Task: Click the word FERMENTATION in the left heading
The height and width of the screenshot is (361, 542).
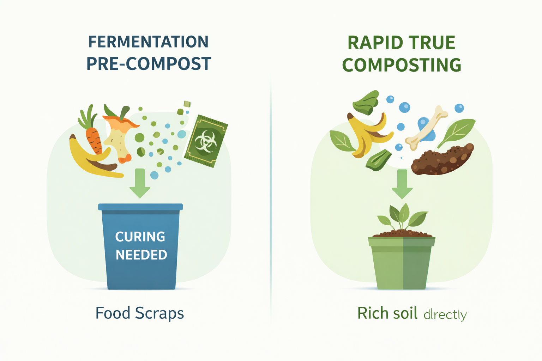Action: (x=148, y=42)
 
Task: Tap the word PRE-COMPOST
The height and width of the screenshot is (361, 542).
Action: (x=149, y=64)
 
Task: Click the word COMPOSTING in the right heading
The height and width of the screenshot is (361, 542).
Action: (x=402, y=65)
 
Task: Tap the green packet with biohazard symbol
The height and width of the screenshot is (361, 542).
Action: (x=206, y=141)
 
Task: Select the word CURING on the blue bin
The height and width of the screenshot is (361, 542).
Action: (x=140, y=237)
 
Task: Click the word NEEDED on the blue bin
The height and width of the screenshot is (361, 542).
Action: (x=141, y=255)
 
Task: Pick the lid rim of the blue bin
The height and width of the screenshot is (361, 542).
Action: (x=140, y=207)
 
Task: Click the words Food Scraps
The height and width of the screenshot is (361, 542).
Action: (x=140, y=313)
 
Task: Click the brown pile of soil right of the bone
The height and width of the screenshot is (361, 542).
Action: (x=442, y=160)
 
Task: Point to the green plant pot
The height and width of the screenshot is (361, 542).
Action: (x=402, y=263)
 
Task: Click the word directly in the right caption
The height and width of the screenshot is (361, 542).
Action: (x=445, y=314)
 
